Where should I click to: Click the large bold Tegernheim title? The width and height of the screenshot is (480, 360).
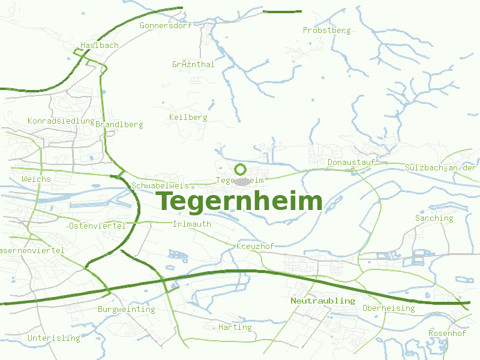point(240,201)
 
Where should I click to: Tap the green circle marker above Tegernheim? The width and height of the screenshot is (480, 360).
point(241,169)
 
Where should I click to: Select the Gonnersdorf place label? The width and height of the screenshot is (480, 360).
point(165,26)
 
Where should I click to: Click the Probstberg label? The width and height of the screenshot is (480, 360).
point(326,30)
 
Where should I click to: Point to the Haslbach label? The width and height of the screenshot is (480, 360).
point(100,45)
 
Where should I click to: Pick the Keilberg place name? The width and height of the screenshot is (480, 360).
point(188,117)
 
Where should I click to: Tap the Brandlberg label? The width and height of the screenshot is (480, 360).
point(119,125)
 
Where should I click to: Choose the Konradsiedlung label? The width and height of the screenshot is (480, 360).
point(61,121)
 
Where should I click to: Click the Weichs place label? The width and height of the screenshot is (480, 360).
point(36,179)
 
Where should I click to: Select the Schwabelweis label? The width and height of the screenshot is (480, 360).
point(160,186)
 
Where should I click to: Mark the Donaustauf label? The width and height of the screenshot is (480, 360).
point(351,162)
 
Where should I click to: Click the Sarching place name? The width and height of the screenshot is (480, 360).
point(434,218)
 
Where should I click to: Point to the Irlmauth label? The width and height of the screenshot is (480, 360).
point(191,224)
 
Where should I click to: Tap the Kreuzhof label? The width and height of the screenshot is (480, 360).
point(255,246)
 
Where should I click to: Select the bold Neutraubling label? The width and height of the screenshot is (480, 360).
point(323,300)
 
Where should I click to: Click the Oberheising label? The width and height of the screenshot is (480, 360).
point(388,308)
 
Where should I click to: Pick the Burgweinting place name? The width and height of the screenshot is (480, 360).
point(126,309)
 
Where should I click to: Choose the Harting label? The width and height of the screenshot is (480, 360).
point(235,327)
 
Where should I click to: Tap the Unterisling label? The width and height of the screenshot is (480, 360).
point(53,338)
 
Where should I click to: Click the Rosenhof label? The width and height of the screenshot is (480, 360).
point(447,333)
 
